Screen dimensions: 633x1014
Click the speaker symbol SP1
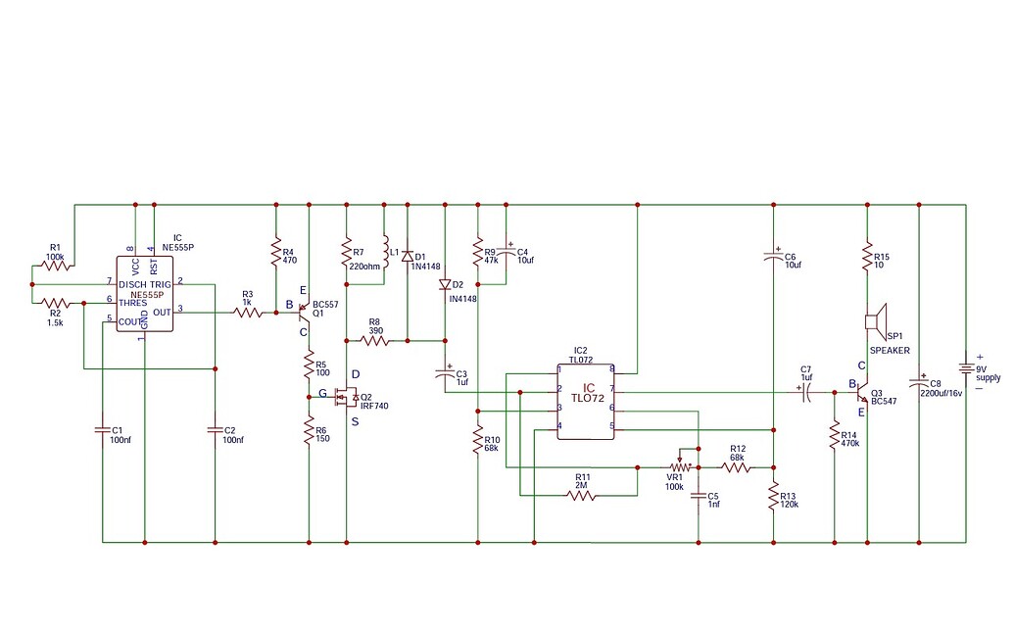[874, 320]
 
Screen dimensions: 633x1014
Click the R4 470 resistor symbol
[276, 256]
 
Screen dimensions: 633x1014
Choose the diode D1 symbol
[407, 256]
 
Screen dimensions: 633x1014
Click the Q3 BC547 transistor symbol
[862, 392]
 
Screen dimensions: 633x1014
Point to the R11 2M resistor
[582, 495]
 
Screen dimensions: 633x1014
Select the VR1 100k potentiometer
[677, 466]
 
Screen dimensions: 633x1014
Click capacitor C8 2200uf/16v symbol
[919, 381]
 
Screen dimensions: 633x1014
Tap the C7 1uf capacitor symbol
[805, 392]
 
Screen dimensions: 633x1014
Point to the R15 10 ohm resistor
[867, 257]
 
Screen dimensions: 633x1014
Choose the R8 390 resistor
[374, 341]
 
